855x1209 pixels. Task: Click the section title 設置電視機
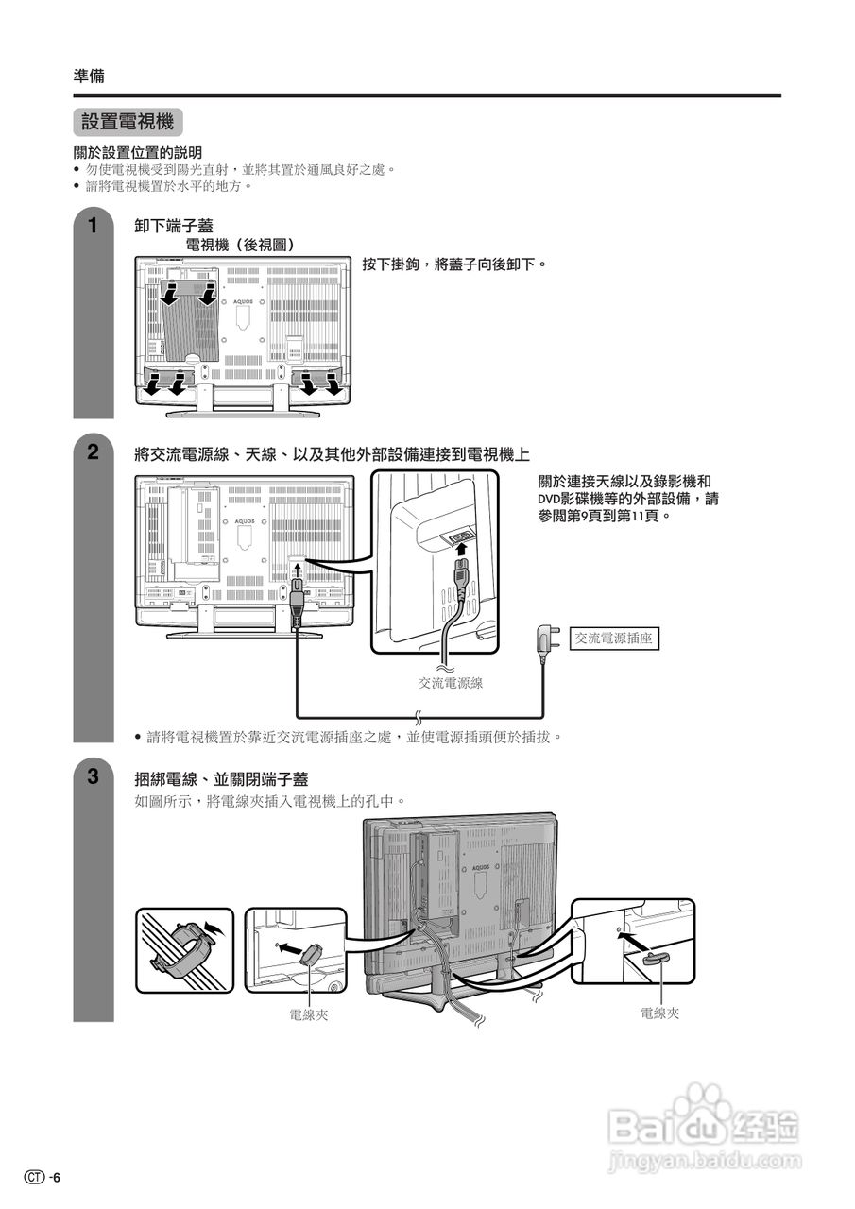click(128, 122)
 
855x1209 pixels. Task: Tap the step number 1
click(93, 226)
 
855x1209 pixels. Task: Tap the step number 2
click(93, 451)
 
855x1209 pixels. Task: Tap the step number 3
click(93, 777)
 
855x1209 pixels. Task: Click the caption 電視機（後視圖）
click(240, 245)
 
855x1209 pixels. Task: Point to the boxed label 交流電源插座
click(614, 639)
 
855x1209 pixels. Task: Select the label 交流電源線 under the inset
click(451, 682)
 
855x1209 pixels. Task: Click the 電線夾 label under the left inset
click(309, 1014)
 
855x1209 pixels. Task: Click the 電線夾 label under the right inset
click(659, 1013)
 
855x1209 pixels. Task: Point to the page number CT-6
click(44, 1177)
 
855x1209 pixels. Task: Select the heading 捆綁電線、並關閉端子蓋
click(221, 778)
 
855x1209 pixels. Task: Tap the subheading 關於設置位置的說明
click(138, 152)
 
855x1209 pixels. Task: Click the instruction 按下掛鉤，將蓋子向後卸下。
click(454, 264)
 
